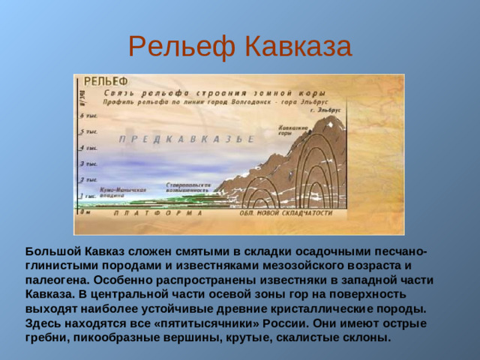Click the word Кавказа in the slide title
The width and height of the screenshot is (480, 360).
(298, 46)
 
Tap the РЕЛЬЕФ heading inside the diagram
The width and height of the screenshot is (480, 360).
(105, 81)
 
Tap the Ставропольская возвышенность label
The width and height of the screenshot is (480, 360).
(187, 187)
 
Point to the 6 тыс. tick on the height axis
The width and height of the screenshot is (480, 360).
(88, 116)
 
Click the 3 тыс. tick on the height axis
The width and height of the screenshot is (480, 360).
(88, 163)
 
